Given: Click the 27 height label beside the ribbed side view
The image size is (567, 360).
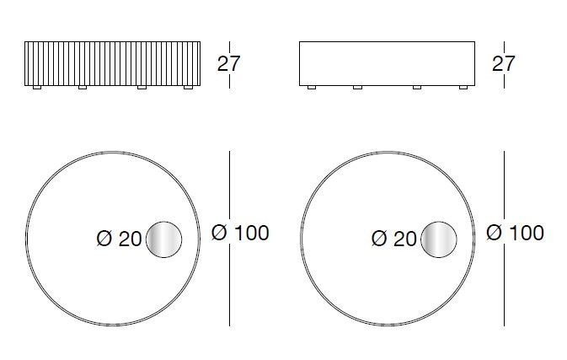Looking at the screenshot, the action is tap(228, 64).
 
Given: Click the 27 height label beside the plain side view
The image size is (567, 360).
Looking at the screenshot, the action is tap(503, 64).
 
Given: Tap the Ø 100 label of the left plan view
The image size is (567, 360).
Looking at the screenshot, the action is tap(240, 233).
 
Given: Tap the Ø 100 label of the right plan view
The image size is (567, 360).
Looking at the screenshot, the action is tap(515, 233).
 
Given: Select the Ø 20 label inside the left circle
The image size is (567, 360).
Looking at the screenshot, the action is tap(120, 239).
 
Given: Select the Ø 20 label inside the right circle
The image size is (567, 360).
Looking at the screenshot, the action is tap(394, 239).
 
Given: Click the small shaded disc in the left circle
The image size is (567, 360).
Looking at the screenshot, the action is tap(163, 239).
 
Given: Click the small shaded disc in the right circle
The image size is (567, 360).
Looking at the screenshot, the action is tap(439, 239).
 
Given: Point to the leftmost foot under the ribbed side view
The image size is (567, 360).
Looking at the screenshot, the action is tap(37, 87).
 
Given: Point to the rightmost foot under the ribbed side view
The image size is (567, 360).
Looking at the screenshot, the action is tap(188, 87).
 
